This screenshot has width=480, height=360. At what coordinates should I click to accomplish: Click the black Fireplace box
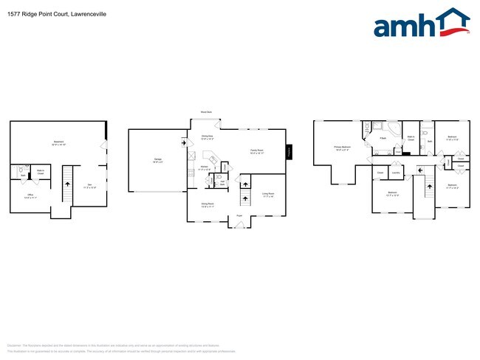[290, 150]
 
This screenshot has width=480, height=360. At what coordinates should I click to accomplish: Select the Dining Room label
[208, 205]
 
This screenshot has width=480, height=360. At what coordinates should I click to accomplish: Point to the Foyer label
[239, 215]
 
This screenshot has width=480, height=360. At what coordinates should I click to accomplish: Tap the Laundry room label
[397, 173]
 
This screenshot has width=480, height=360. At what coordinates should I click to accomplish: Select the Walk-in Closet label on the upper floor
[411, 138]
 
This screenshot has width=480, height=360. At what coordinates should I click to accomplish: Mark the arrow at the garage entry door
[183, 143]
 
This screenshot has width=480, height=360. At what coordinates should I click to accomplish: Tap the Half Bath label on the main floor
[223, 182]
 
